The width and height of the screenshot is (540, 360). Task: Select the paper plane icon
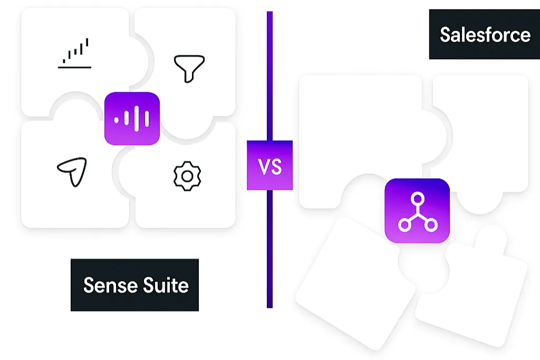pos(73,172)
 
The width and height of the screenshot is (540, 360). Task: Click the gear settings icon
pos(187,176)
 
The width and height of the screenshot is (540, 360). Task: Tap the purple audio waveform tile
pos(132,118)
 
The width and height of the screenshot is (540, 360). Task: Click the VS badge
pos(269,165)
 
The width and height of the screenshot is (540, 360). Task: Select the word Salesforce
pos(485,35)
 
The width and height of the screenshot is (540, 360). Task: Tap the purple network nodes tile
pos(417,211)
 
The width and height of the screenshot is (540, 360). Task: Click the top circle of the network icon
pos(418,199)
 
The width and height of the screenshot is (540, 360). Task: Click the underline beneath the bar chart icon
pos(75,67)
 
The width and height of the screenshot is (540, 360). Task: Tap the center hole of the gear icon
pos(187,176)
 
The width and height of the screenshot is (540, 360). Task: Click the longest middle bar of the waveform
pos(136,118)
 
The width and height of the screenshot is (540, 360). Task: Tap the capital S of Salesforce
pos(446,35)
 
